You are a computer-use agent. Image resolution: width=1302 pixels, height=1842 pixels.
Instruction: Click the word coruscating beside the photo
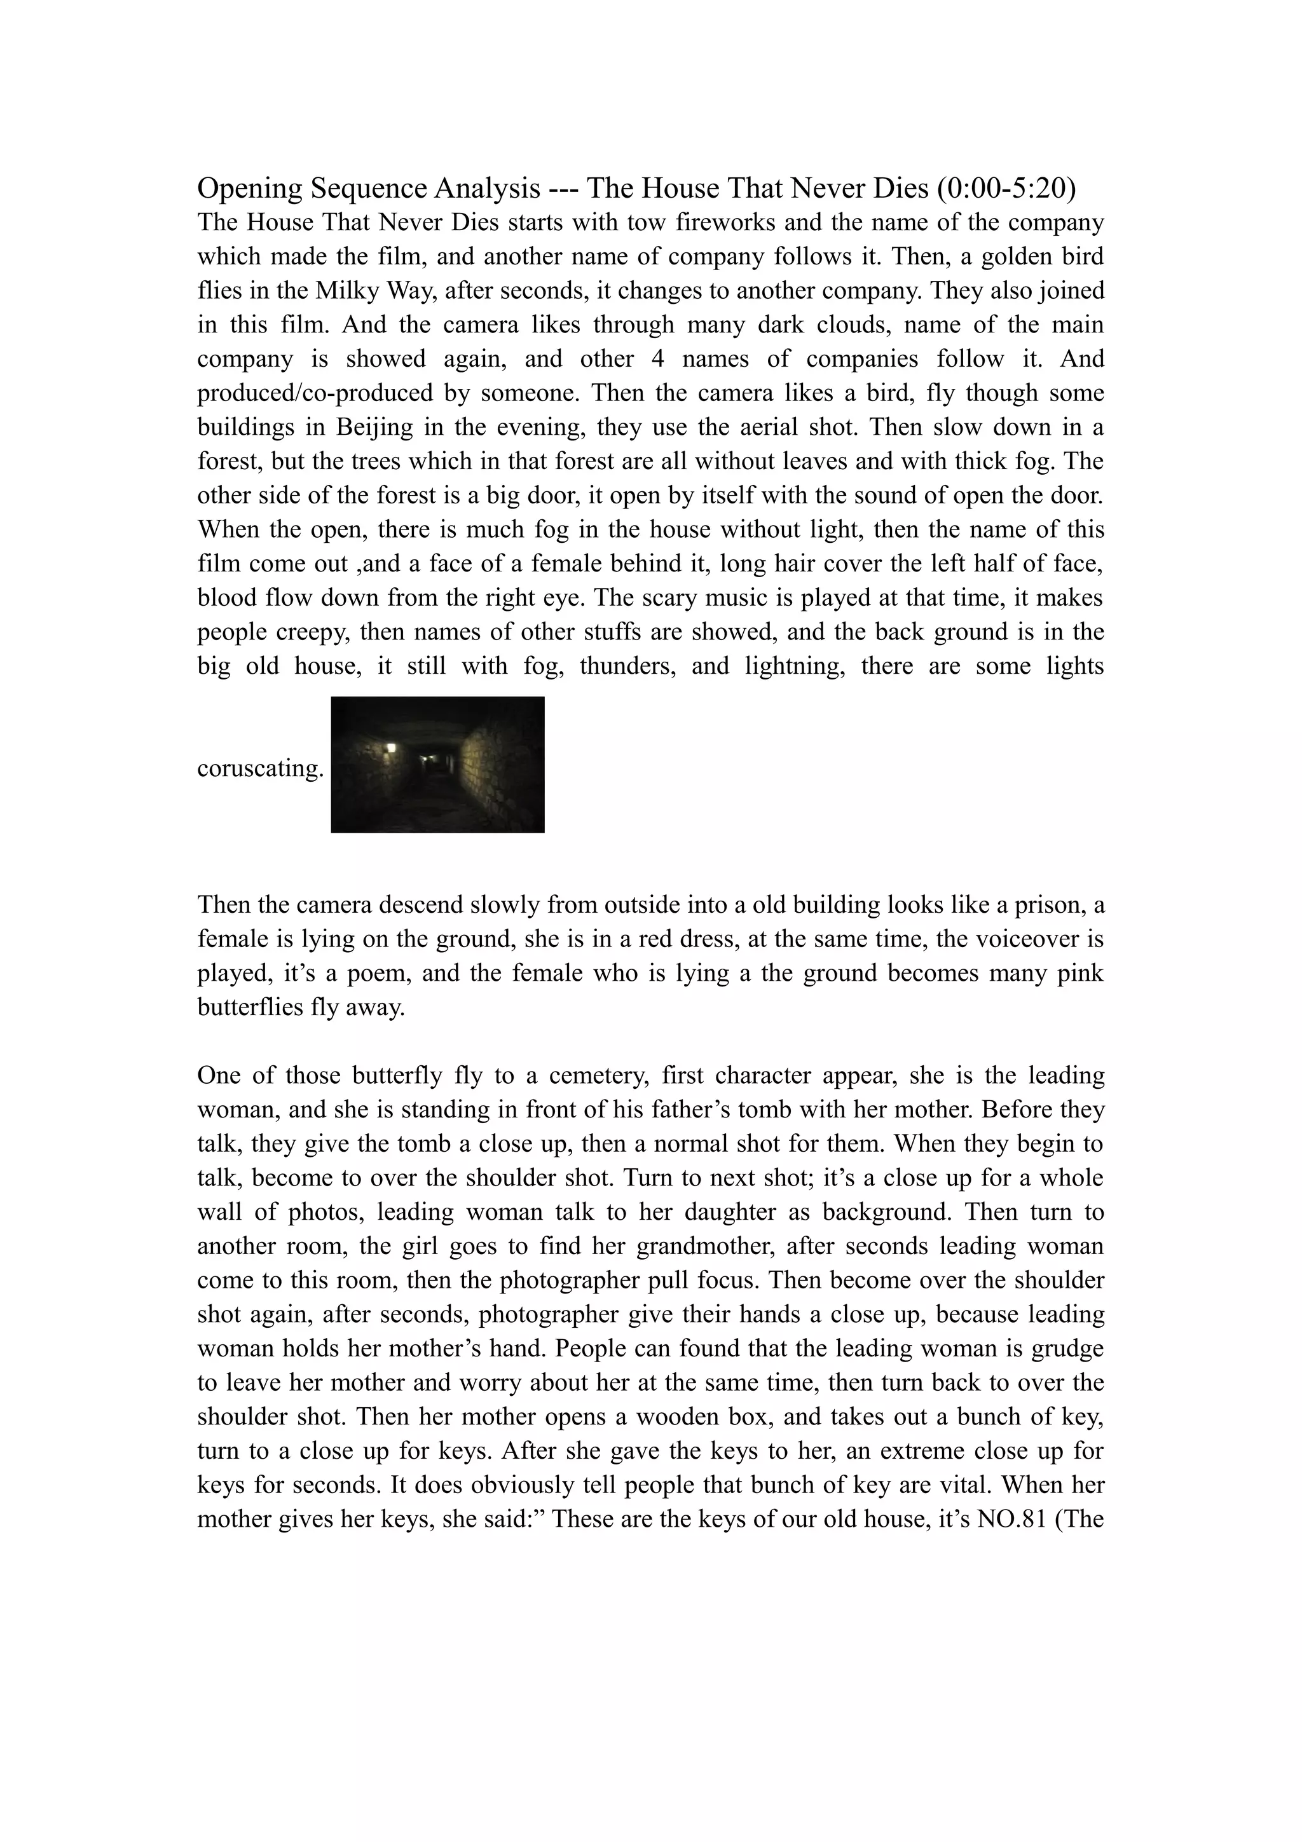point(260,768)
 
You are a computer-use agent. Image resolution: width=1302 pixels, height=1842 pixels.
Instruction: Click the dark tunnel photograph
point(437,765)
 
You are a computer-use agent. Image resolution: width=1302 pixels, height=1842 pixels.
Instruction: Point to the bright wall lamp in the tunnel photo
point(391,747)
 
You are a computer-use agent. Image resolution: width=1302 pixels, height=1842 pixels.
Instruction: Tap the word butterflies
point(249,1007)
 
